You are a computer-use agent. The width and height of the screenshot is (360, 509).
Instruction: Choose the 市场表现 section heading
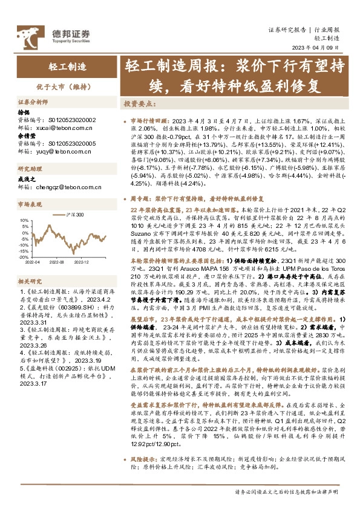[x=30, y=204]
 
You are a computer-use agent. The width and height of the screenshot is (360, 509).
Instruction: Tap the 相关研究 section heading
[x=30, y=280]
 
